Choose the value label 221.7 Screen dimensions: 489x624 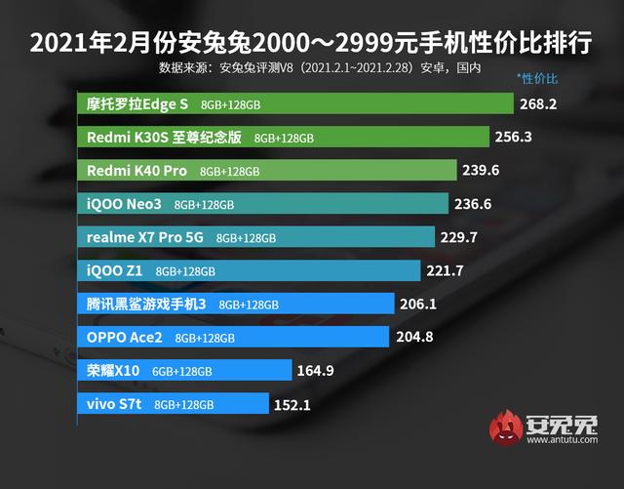[x=445, y=270]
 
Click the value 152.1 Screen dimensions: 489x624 [x=292, y=404]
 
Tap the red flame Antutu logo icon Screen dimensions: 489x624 [x=507, y=429]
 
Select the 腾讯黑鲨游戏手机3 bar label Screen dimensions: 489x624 [x=146, y=304]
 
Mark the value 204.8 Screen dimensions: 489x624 [x=416, y=338]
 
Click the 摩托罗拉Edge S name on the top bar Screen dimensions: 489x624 [x=137, y=103]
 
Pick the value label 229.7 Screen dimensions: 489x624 [x=459, y=237]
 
